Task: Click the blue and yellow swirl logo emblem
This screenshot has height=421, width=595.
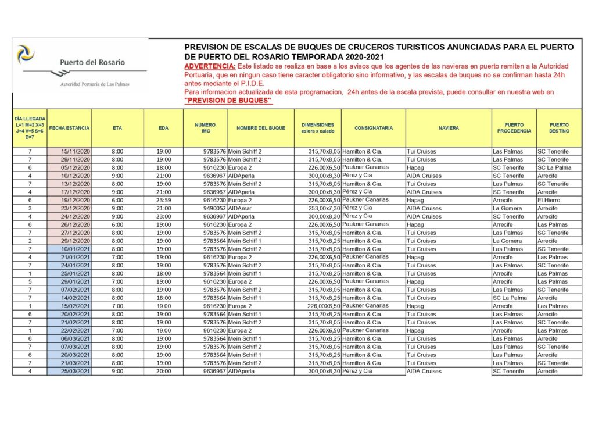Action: point(25,54)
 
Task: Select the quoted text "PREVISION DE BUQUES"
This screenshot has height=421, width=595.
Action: point(228,101)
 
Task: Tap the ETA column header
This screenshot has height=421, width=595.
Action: point(118,128)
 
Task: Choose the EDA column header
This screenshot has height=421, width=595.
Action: point(163,128)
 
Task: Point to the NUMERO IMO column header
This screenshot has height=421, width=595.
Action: point(205,128)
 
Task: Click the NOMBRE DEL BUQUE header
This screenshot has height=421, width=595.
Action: point(260,128)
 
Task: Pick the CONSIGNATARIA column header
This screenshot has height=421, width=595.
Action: point(373,128)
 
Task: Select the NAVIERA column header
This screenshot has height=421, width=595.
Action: point(449,128)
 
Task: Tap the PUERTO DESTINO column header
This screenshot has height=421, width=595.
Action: point(559,128)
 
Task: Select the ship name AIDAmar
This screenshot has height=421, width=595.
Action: point(240,208)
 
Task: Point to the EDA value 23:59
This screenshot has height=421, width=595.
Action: point(163,200)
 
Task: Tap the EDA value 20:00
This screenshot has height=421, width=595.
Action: point(163,371)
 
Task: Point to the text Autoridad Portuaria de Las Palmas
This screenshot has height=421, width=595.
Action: point(95,84)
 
